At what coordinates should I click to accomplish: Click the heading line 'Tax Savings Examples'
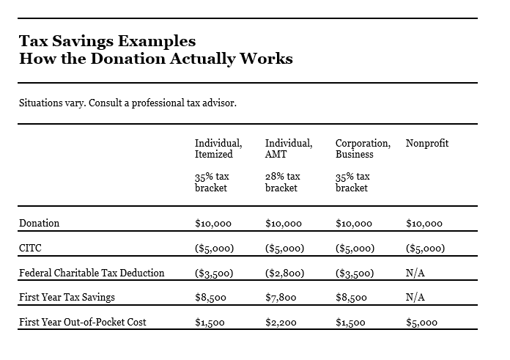click(107, 40)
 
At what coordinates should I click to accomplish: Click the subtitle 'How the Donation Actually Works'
click(155, 59)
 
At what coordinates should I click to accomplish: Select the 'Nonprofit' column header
click(426, 143)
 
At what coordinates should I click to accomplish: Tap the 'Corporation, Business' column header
click(362, 148)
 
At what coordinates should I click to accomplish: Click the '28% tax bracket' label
click(282, 182)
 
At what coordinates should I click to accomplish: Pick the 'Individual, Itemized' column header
click(218, 148)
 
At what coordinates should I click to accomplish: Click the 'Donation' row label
click(40, 223)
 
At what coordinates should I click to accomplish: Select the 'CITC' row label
click(31, 248)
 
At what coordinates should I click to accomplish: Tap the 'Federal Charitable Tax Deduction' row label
click(92, 273)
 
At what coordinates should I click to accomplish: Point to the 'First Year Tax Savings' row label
click(67, 297)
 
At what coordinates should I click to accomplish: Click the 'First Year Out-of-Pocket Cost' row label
click(82, 322)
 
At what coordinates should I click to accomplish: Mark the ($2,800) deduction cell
click(284, 273)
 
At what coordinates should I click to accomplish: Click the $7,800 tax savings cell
click(280, 297)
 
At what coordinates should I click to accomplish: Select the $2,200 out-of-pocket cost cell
click(280, 322)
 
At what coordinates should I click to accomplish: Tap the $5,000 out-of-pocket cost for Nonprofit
click(421, 322)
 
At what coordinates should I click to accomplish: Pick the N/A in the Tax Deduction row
click(415, 273)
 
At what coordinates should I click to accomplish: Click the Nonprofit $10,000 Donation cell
click(424, 223)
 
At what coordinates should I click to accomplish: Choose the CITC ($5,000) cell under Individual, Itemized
click(215, 248)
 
